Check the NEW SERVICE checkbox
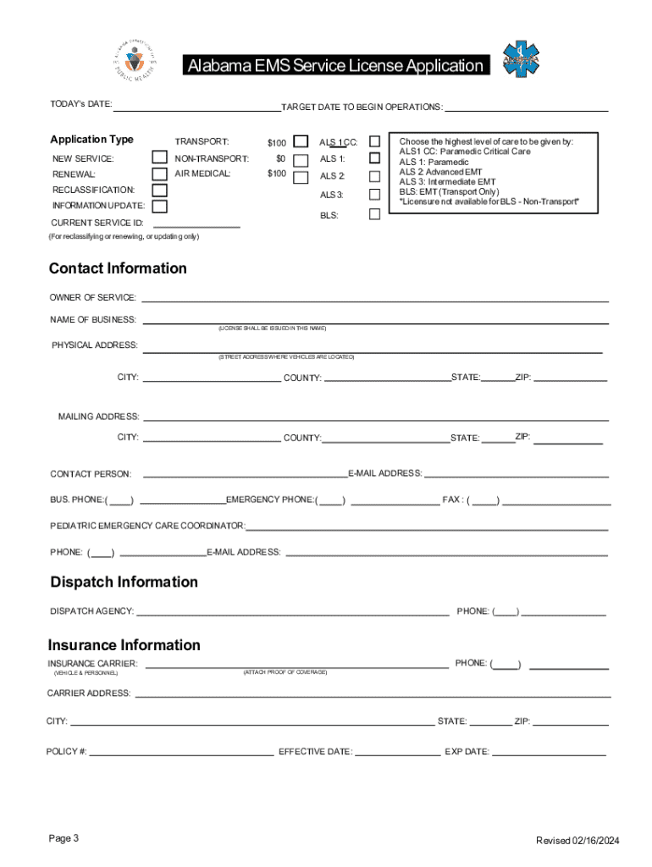coord(159,157)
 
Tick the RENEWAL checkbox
coord(159,174)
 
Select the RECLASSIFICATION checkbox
coord(159,191)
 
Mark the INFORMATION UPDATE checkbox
coord(159,206)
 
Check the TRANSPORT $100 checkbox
coord(300,141)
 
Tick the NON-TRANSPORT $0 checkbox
coord(300,160)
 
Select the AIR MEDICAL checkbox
coord(300,177)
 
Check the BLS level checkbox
coord(374,214)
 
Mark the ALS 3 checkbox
coord(374,195)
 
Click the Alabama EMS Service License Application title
coord(335,66)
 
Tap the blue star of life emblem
coord(520,60)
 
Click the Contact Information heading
coord(118,268)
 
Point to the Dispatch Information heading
coord(124,582)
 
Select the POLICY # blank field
coord(181,753)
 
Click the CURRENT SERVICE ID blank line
coord(194,225)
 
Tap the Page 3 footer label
coord(64,838)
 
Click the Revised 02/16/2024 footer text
coord(577,840)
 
